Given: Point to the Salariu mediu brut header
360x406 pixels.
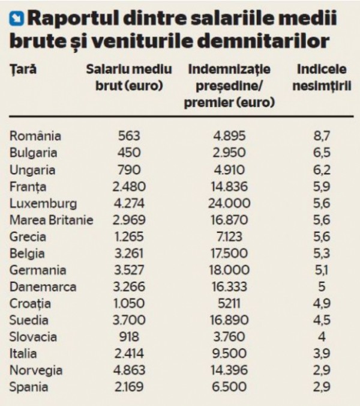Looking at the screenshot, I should (x=129, y=77).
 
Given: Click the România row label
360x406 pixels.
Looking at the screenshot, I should (x=35, y=136).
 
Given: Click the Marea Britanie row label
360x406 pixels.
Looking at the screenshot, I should (x=52, y=220).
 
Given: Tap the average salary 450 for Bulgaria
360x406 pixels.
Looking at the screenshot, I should (x=129, y=153).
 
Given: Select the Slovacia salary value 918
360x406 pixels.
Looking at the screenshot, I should (x=129, y=337).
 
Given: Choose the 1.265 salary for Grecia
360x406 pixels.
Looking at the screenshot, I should (x=129, y=237).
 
